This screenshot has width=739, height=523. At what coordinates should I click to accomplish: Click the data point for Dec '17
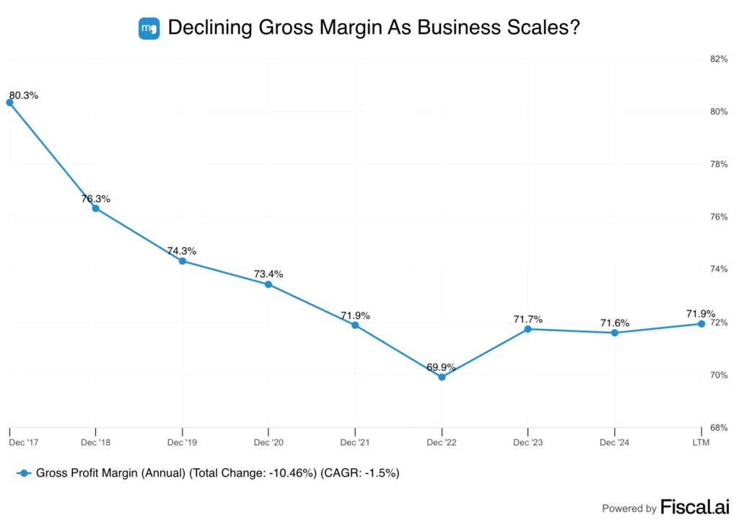(x=9, y=102)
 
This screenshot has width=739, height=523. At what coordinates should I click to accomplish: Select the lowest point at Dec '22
(x=442, y=377)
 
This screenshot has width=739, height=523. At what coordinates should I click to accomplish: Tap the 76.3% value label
(x=95, y=198)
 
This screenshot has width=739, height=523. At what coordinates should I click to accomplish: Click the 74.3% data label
(x=182, y=251)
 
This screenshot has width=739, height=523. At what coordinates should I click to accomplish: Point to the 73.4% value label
(x=268, y=274)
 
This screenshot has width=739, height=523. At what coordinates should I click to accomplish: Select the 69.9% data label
(x=442, y=367)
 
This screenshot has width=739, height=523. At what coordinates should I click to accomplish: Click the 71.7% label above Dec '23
(x=528, y=319)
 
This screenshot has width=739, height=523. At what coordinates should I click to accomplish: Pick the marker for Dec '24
(x=615, y=333)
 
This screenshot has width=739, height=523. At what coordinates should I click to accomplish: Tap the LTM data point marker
(x=701, y=324)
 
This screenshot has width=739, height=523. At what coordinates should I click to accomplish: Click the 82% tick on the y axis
(x=720, y=59)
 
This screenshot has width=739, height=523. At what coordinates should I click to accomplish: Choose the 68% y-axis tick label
(x=720, y=428)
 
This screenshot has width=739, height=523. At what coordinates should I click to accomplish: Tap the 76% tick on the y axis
(x=720, y=217)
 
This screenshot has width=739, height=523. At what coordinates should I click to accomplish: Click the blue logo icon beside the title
(x=149, y=28)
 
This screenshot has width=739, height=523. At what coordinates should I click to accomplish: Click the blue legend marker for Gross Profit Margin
(x=24, y=473)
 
